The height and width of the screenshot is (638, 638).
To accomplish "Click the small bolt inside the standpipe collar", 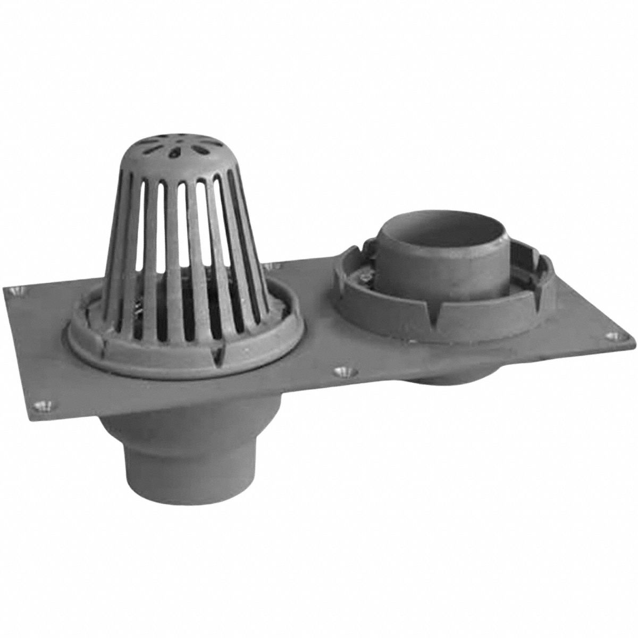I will tap(367, 278).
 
